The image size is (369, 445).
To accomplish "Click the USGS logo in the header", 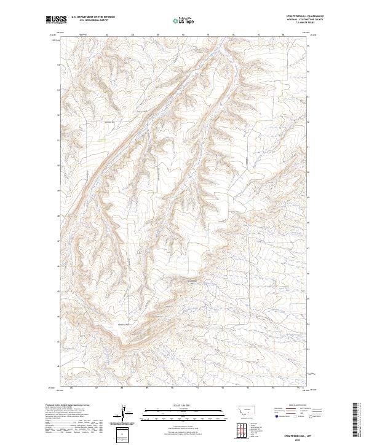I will (56, 20).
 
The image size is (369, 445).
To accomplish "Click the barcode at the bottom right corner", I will (355, 421).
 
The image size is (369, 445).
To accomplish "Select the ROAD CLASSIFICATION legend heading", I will (297, 405).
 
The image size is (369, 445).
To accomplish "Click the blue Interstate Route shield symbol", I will (277, 417).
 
